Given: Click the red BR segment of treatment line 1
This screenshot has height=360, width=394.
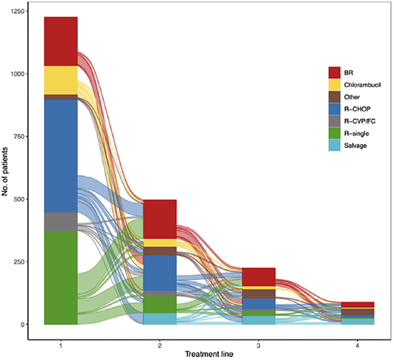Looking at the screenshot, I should point(61,41).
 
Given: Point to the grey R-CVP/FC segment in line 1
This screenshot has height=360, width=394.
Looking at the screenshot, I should point(61,221).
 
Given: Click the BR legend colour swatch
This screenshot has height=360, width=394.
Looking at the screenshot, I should point(333,72).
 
